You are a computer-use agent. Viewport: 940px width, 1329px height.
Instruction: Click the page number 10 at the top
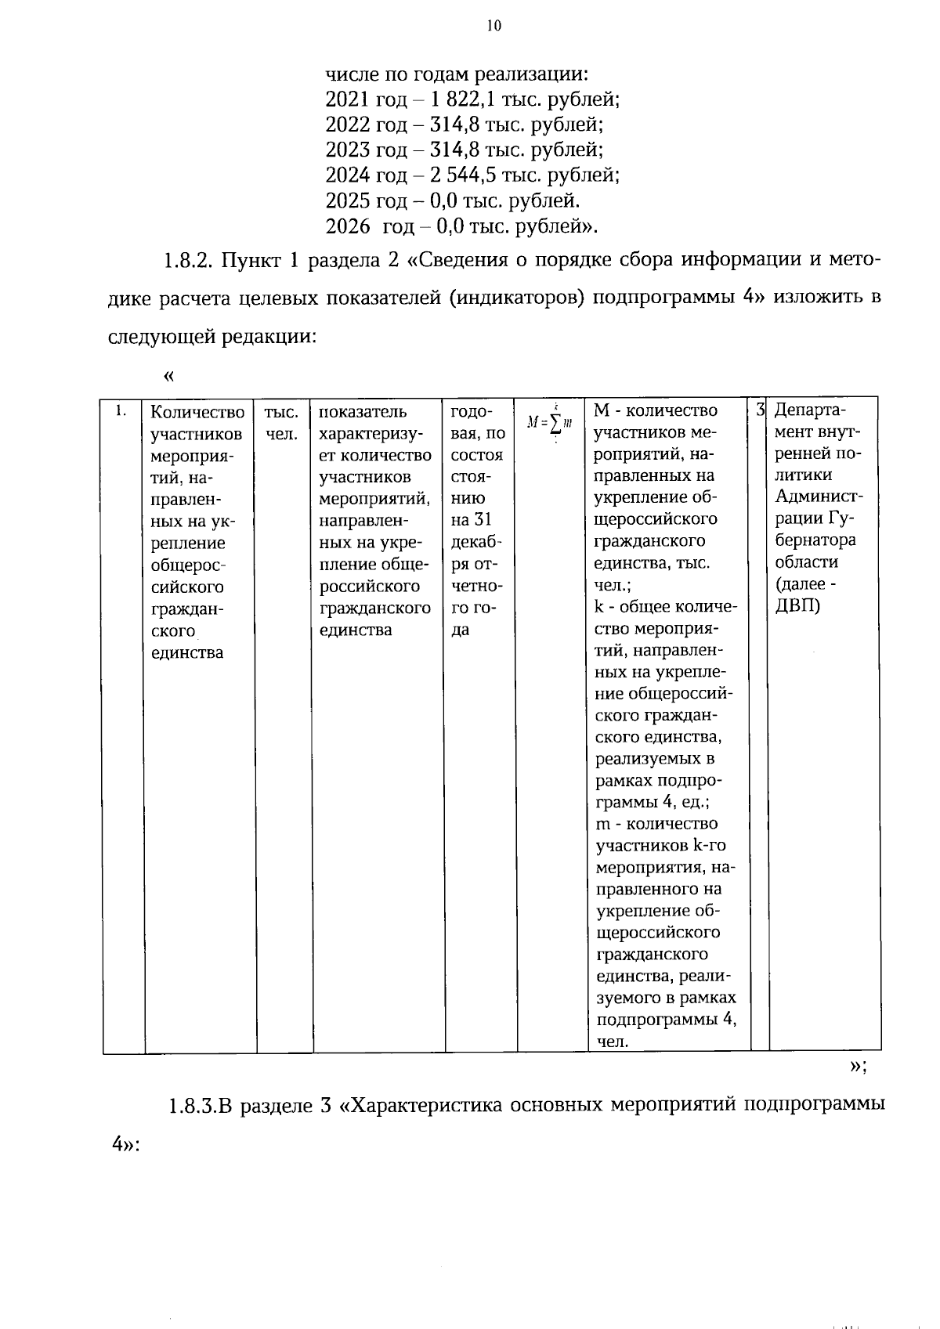493,26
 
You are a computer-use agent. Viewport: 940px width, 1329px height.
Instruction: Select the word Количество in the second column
197,412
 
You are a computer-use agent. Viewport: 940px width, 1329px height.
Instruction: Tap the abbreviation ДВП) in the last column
797,606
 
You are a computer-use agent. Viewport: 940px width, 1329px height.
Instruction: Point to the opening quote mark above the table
168,377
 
